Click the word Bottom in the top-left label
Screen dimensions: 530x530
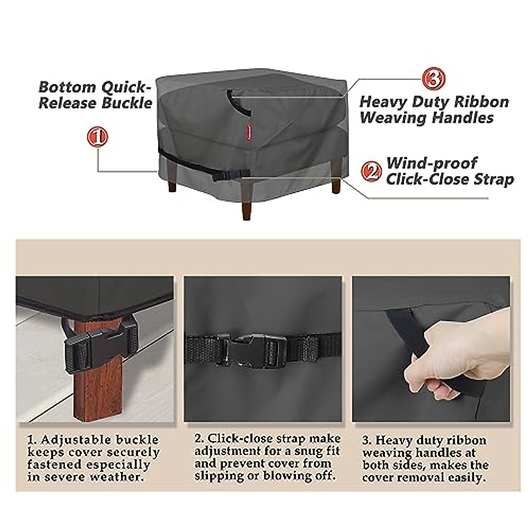point(67,87)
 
